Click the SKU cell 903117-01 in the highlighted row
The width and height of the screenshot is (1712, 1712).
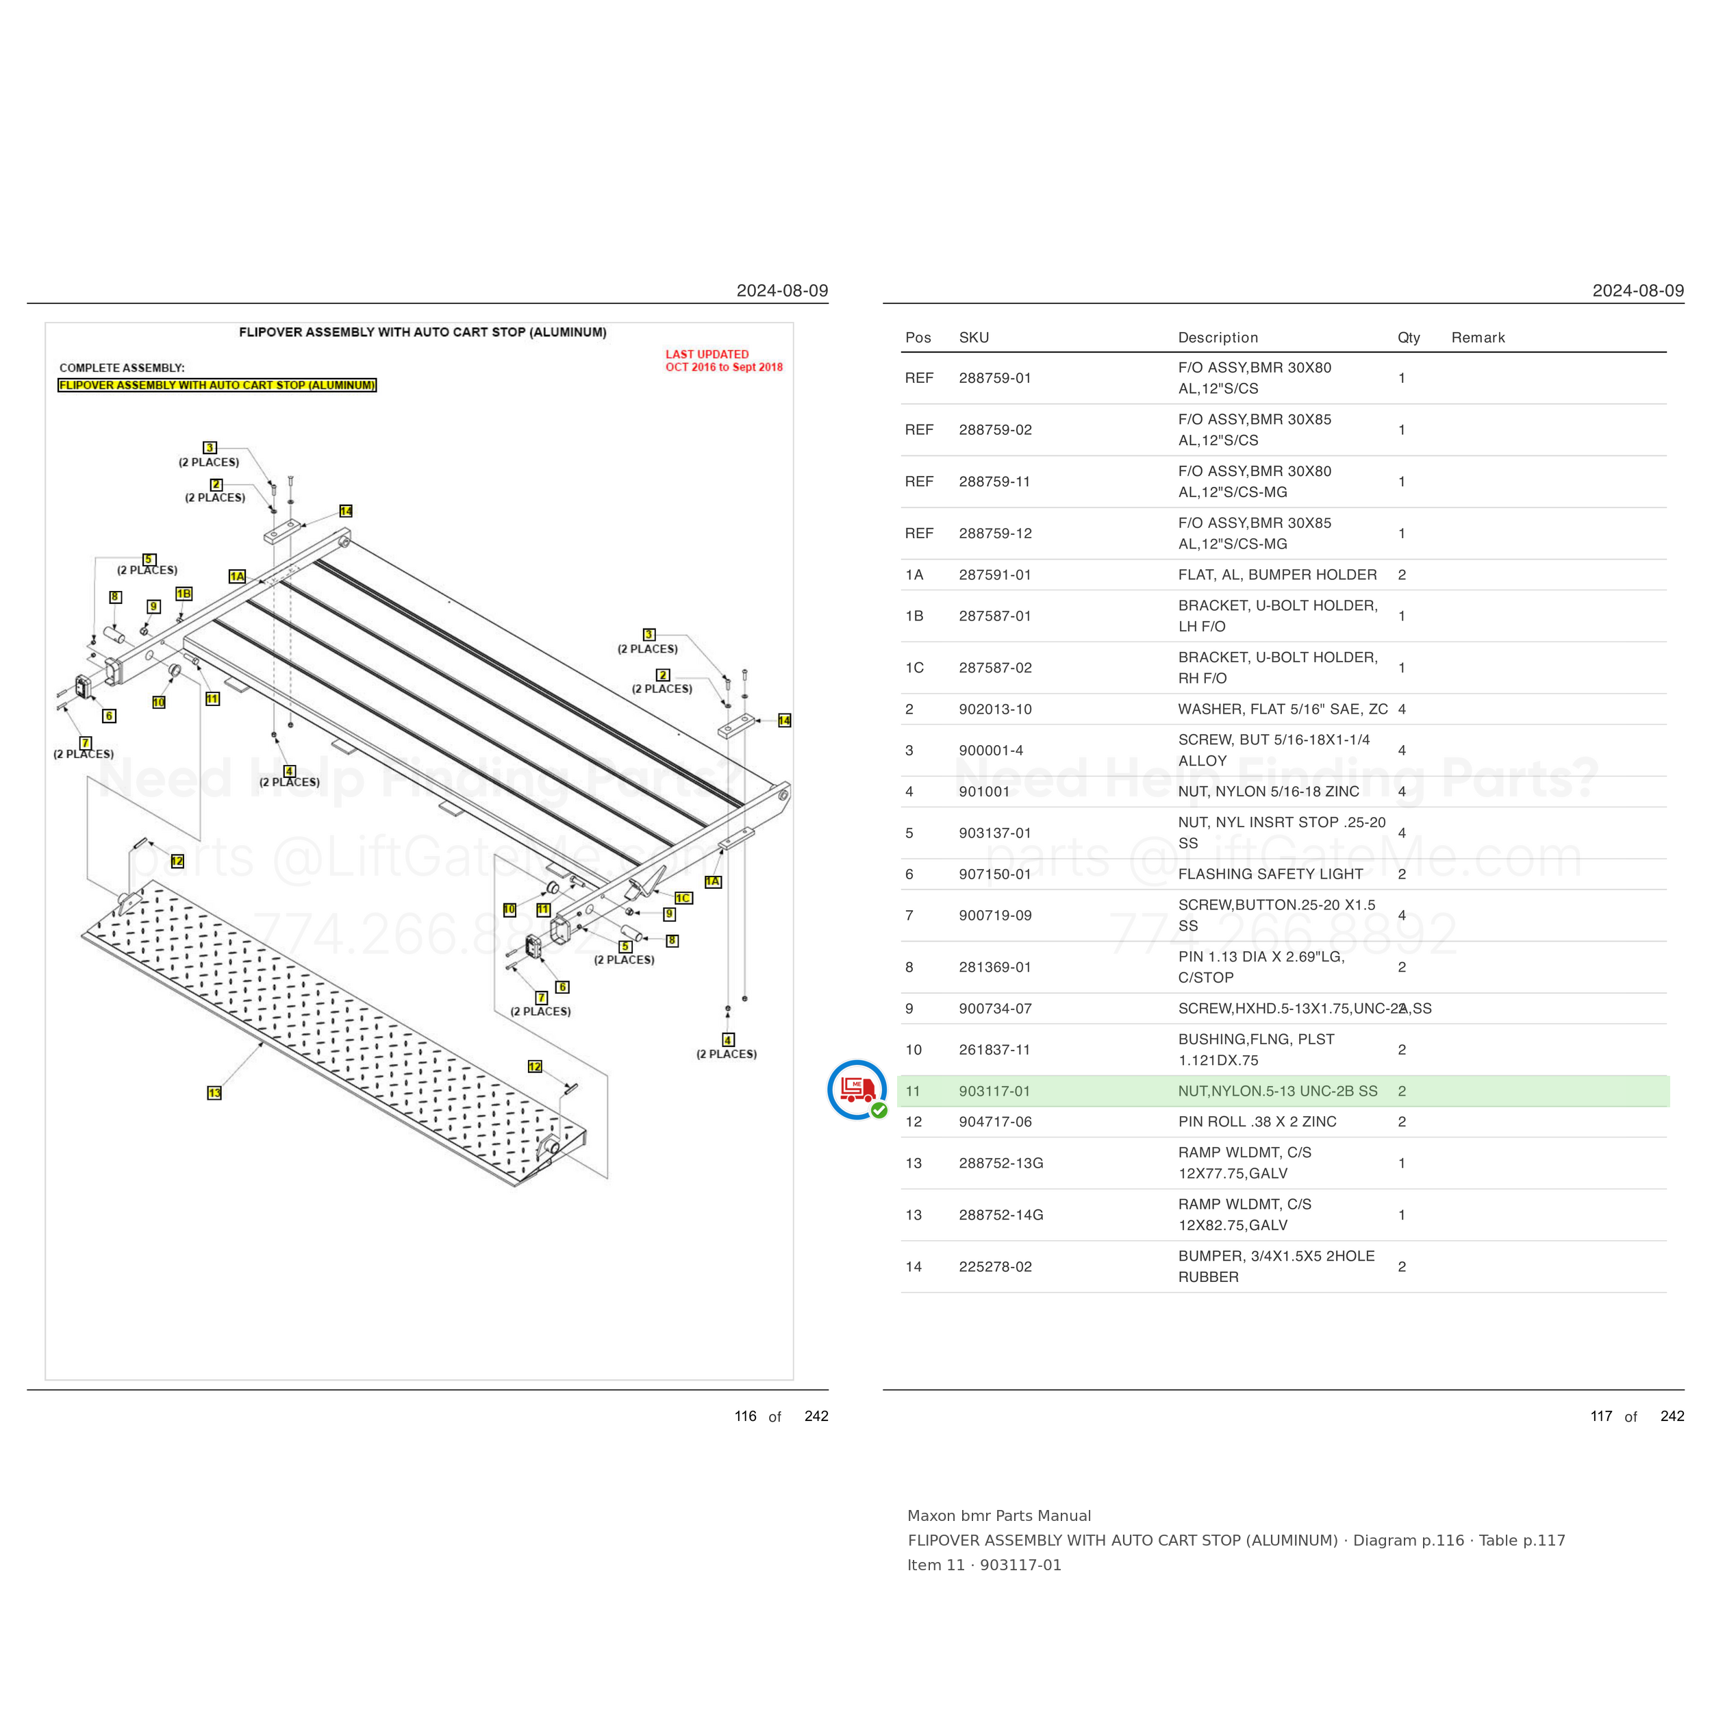[994, 1091]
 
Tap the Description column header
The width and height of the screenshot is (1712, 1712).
[1218, 338]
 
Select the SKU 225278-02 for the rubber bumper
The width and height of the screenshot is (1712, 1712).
[994, 1266]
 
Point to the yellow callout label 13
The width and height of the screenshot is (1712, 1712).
[214, 1092]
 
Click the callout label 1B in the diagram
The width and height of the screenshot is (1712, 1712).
[184, 594]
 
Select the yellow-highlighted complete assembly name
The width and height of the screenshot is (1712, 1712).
[217, 386]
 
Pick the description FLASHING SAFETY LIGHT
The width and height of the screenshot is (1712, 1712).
[1270, 874]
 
